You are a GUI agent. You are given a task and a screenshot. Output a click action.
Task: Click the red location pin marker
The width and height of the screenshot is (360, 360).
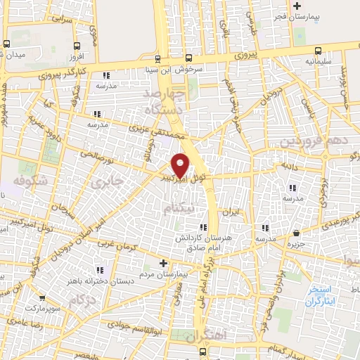(181, 164)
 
